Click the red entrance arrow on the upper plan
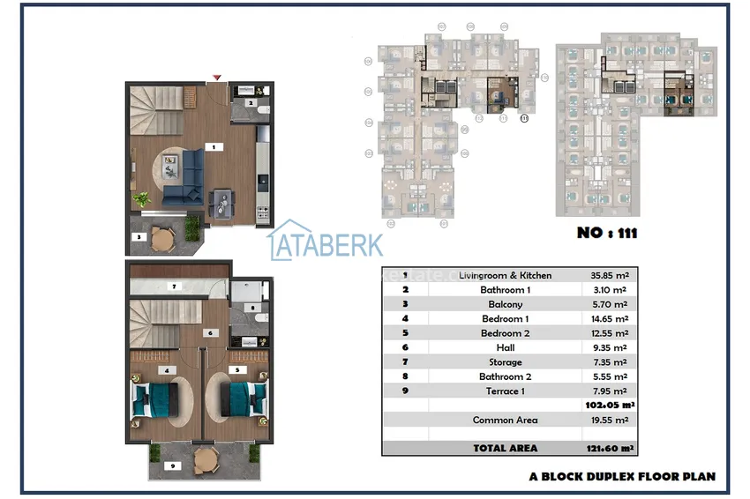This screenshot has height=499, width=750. coord(217,78)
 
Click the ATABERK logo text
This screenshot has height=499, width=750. coord(326,244)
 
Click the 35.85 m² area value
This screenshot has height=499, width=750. coord(608,275)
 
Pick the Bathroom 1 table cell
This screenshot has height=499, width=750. coord(505,290)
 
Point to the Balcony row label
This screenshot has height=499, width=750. coord(505,304)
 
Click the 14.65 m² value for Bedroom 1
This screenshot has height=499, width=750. coord(608,318)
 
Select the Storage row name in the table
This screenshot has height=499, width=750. coord(505,362)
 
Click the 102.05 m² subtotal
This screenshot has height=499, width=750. coord(610,406)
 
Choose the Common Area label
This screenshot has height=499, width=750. coord(505,420)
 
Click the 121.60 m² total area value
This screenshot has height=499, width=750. coord(610,448)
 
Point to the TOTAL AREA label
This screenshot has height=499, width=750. coord(505,448)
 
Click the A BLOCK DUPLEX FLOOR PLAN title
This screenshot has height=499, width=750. coord(622,476)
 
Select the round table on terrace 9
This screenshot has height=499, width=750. coord(205,458)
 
